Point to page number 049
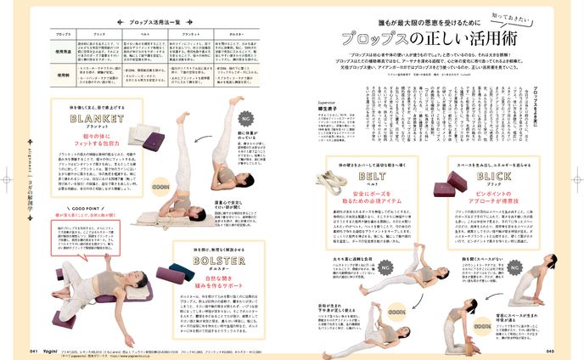[x=549, y=350]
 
